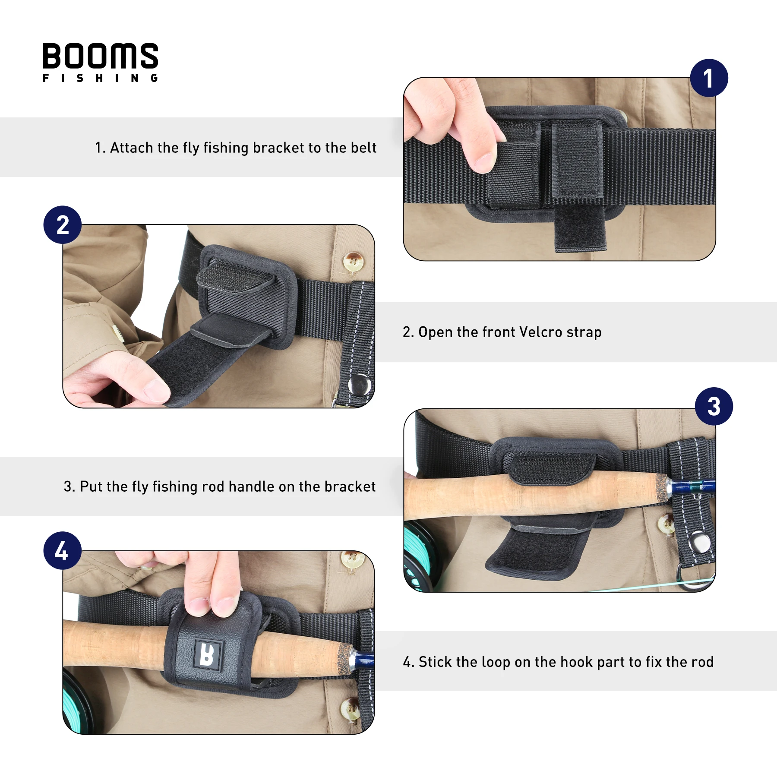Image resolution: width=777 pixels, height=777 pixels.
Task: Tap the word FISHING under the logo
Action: click(x=101, y=78)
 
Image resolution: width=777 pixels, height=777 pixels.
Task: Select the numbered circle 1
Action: click(x=709, y=78)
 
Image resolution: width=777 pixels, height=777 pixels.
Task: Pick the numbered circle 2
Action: click(x=63, y=225)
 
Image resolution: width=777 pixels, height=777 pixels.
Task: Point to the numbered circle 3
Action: click(x=714, y=406)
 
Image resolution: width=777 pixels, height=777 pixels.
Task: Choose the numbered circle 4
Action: click(x=63, y=550)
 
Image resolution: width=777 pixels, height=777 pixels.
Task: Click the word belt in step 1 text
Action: click(x=363, y=148)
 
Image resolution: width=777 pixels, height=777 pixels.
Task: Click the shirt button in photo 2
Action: click(x=353, y=261)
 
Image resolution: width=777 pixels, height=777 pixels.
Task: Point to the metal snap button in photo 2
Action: click(x=359, y=384)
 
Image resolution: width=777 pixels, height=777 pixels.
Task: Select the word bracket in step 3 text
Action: click(x=350, y=486)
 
